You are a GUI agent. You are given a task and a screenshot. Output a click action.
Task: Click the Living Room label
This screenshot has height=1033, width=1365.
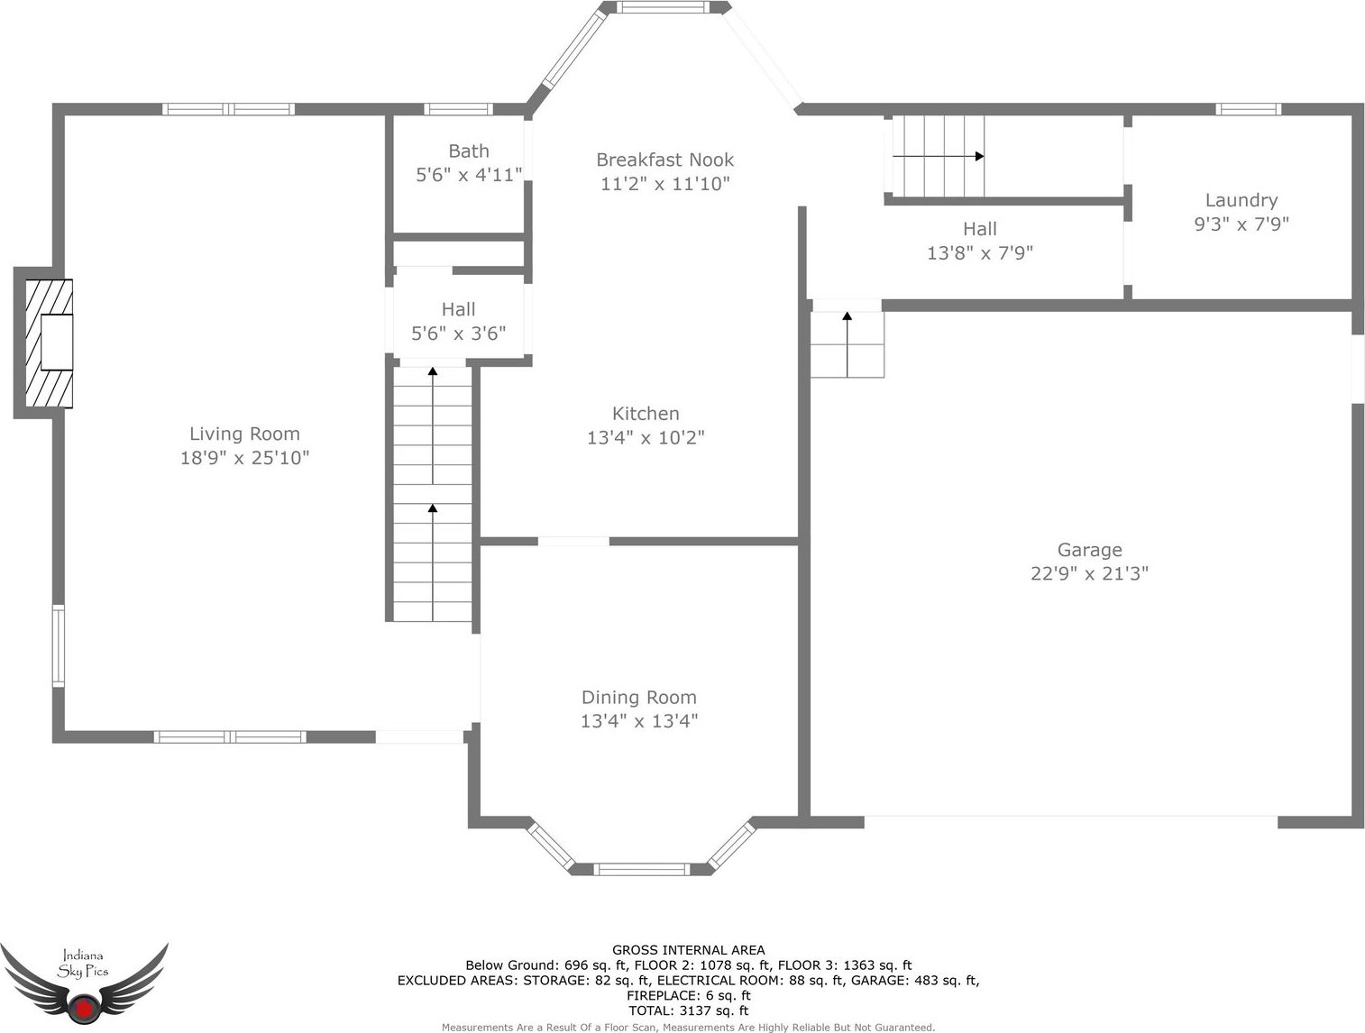point(244,434)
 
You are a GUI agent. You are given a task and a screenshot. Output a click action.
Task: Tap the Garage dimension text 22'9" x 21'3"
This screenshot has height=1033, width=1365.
point(1089,573)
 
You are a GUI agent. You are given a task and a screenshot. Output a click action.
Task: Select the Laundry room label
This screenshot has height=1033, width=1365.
point(1241,200)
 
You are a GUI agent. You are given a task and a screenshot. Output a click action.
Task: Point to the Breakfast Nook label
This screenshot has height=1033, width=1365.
point(664,160)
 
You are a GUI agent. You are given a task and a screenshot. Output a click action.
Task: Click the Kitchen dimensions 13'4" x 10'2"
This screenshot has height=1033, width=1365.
point(646,437)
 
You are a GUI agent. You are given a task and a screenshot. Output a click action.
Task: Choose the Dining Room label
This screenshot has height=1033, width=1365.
point(638,698)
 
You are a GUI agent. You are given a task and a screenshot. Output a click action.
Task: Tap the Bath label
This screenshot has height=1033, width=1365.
point(469,151)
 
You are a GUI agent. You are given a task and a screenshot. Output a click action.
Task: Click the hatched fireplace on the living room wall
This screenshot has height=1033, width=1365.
point(49,343)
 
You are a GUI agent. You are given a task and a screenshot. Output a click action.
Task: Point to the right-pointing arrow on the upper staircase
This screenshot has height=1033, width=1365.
point(939,156)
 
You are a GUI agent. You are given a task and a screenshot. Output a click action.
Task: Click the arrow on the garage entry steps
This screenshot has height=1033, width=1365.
point(847,343)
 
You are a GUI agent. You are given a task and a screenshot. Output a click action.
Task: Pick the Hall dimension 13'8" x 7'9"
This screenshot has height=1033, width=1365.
point(980,253)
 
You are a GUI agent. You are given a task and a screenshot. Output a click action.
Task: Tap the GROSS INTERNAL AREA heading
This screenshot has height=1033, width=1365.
point(689,950)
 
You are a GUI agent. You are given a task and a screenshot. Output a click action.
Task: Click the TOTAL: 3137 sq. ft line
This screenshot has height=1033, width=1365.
point(689,1010)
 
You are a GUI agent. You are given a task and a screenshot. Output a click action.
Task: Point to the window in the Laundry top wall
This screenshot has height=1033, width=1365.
point(1248,109)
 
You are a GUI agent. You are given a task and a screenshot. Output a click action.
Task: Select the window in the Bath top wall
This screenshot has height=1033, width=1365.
point(458,109)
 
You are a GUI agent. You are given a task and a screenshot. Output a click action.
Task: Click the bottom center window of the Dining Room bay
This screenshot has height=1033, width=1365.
point(642,869)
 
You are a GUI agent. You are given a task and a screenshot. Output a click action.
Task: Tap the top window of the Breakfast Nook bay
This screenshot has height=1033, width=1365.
point(663,7)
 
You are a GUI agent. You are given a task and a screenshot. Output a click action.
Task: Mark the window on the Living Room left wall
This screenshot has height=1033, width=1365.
point(58,645)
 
